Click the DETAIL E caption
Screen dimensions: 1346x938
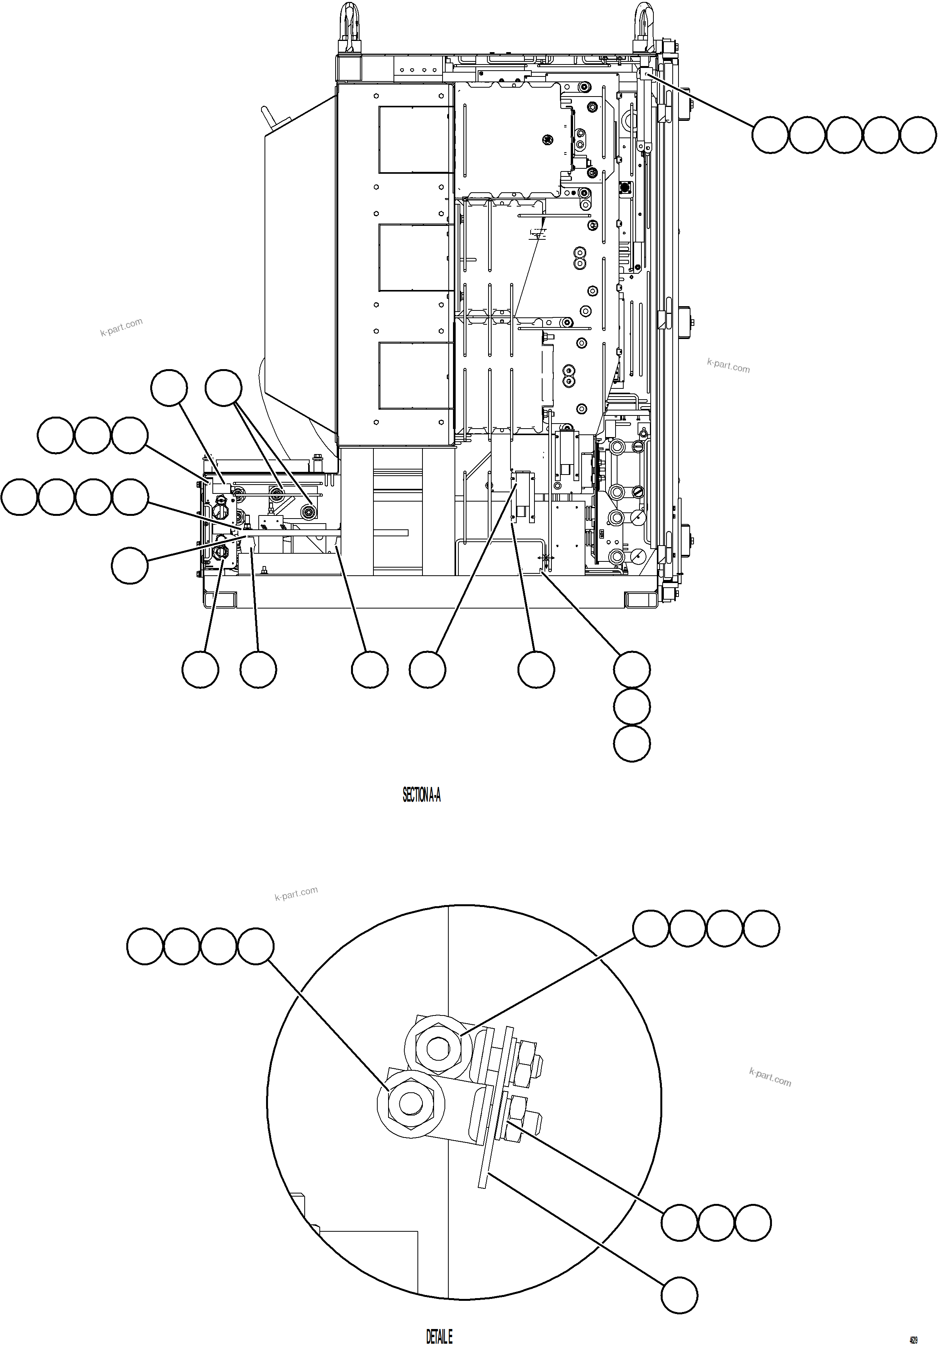(x=439, y=1336)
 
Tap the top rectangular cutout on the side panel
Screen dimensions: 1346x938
(x=416, y=139)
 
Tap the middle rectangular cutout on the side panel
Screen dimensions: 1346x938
(x=416, y=258)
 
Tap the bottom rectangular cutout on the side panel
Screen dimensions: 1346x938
(x=416, y=376)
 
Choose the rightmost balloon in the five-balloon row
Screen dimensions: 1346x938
(x=918, y=136)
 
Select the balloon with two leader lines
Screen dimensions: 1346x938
(x=223, y=388)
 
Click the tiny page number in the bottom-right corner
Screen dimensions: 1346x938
(x=913, y=1339)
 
